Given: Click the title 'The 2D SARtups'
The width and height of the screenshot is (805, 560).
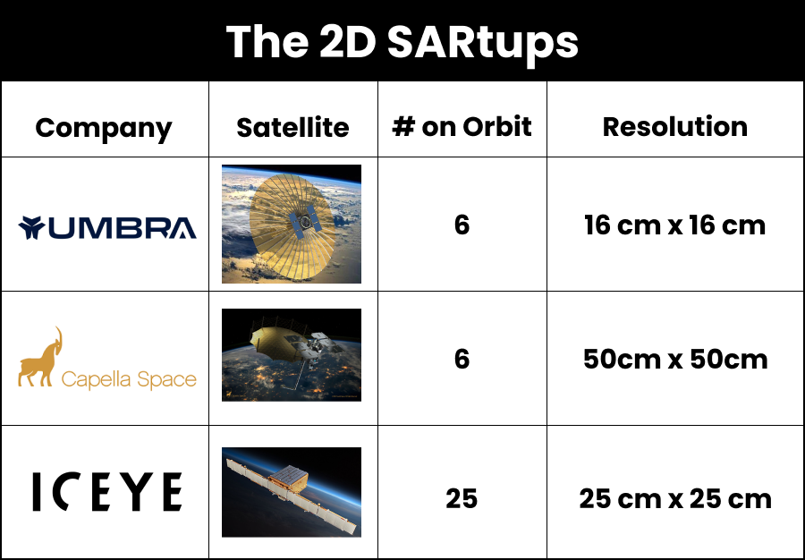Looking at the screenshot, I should coord(402,41).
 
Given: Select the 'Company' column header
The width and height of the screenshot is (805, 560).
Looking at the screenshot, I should coord(104,127).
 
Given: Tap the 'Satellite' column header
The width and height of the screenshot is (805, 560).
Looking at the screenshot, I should coord(292,127).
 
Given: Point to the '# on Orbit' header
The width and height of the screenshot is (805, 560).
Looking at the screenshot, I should coord(462,126).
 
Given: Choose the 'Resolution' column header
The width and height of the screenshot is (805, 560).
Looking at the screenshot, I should coord(674,126).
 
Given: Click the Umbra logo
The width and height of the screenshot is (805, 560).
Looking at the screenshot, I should coord(106,228).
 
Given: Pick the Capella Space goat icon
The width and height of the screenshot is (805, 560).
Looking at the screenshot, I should coord(41,358).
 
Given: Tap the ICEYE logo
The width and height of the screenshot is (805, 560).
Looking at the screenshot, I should coord(107,493).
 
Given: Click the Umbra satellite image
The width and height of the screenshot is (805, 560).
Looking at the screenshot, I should coord(292,224).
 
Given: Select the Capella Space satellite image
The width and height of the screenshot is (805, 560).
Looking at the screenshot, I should coord(292,355).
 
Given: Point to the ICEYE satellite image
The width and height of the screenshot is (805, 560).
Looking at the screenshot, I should coord(292,492).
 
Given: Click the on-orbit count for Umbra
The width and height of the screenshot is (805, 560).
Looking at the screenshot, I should coord(462,225).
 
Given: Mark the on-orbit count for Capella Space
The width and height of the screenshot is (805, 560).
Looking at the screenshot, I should coord(462,359).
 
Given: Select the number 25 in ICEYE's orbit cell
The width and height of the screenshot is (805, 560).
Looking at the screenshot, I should coord(462,497).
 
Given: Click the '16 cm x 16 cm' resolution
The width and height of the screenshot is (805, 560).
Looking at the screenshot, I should coord(674,225).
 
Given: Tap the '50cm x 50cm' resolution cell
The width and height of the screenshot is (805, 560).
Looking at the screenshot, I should coord(674,359).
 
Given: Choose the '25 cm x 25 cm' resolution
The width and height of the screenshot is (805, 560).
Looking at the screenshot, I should coord(674,497).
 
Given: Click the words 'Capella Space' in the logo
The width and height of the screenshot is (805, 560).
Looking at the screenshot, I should coord(129,379).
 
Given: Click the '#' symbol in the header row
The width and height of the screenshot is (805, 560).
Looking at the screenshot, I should coord(403,126).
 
